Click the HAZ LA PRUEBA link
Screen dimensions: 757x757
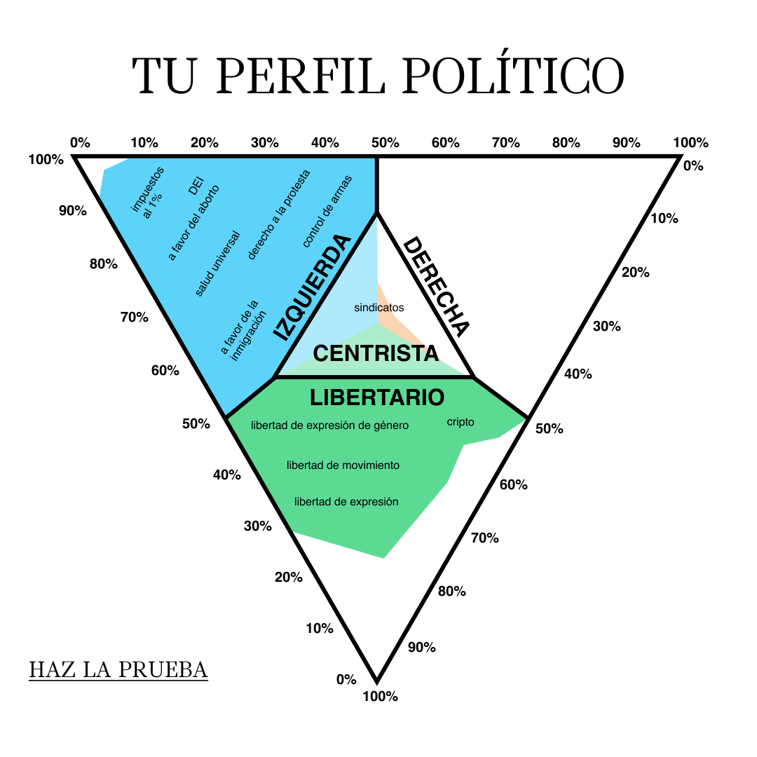[118, 669]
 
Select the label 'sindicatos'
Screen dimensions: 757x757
[379, 308]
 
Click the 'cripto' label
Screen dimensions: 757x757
[461, 422]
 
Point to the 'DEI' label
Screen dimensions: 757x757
[196, 186]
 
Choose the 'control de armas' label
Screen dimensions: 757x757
[327, 212]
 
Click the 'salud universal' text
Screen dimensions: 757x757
[217, 264]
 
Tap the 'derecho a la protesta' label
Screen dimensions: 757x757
[278, 215]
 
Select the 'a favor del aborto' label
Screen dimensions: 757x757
[193, 223]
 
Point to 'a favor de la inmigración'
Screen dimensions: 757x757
[243, 331]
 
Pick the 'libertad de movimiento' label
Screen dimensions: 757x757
[343, 465]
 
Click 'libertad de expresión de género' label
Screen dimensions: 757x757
[329, 425]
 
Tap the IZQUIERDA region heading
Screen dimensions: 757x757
[312, 288]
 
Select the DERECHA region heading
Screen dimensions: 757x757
[436, 287]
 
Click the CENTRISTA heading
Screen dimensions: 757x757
[376, 353]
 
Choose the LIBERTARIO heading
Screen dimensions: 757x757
[377, 397]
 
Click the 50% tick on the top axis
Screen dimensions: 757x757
[386, 143]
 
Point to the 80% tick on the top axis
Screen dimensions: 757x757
[566, 143]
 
